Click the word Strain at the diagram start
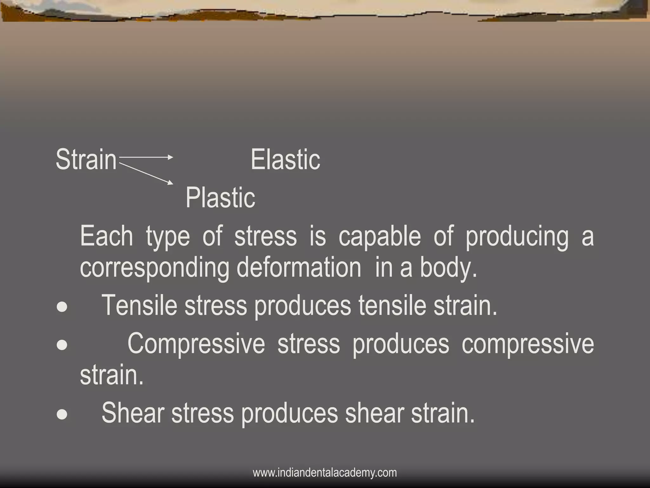[86, 159]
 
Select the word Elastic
[285, 159]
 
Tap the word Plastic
[220, 198]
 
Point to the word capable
[379, 237]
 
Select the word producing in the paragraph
[517, 237]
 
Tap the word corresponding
[154, 268]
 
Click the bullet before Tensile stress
[62, 307]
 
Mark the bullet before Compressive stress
[62, 345]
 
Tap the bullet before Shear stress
[62, 414]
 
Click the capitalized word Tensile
[139, 305]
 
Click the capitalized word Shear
[133, 413]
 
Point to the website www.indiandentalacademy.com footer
[325, 472]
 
